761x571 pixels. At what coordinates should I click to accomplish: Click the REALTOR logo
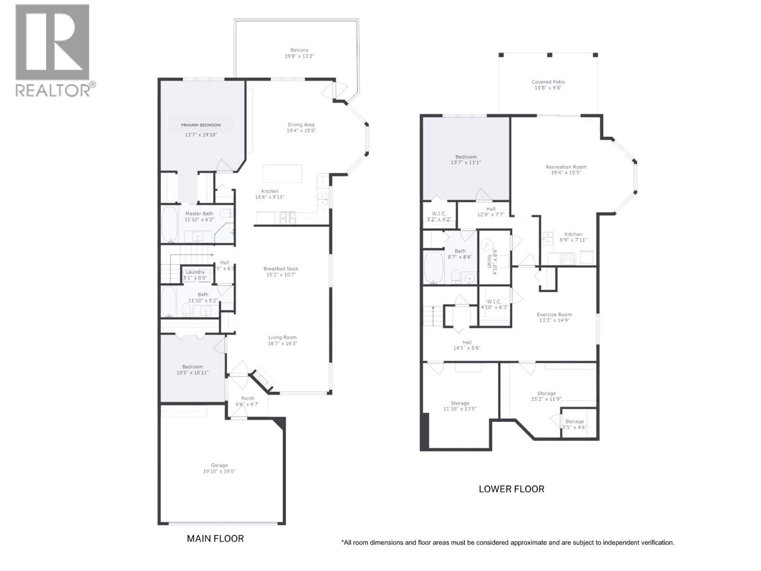pos(52,50)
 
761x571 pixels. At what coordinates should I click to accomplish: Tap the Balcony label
pos(299,50)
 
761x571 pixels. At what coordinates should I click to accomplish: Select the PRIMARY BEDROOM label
pos(201,125)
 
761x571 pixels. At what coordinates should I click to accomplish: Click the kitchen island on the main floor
pos(282,174)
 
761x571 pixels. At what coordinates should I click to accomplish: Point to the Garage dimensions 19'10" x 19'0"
pos(219,472)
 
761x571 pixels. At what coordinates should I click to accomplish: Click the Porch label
pos(247,398)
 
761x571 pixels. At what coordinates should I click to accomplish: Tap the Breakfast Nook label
pos(281,269)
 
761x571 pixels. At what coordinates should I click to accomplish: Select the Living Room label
pos(283,337)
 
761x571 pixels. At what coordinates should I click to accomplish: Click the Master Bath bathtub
pos(169,224)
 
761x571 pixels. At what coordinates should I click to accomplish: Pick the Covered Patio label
pos(548,82)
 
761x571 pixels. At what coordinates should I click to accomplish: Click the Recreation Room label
pos(566,167)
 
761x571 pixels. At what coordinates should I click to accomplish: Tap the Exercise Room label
pos(554,315)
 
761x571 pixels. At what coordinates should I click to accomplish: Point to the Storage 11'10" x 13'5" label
pos(459,404)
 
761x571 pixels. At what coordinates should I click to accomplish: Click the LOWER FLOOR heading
pos(511,489)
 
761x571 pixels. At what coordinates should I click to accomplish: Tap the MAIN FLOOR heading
pos(215,539)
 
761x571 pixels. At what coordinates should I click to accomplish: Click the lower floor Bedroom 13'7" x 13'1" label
pos(466,157)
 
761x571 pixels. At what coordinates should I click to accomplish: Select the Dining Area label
pos(301,125)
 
